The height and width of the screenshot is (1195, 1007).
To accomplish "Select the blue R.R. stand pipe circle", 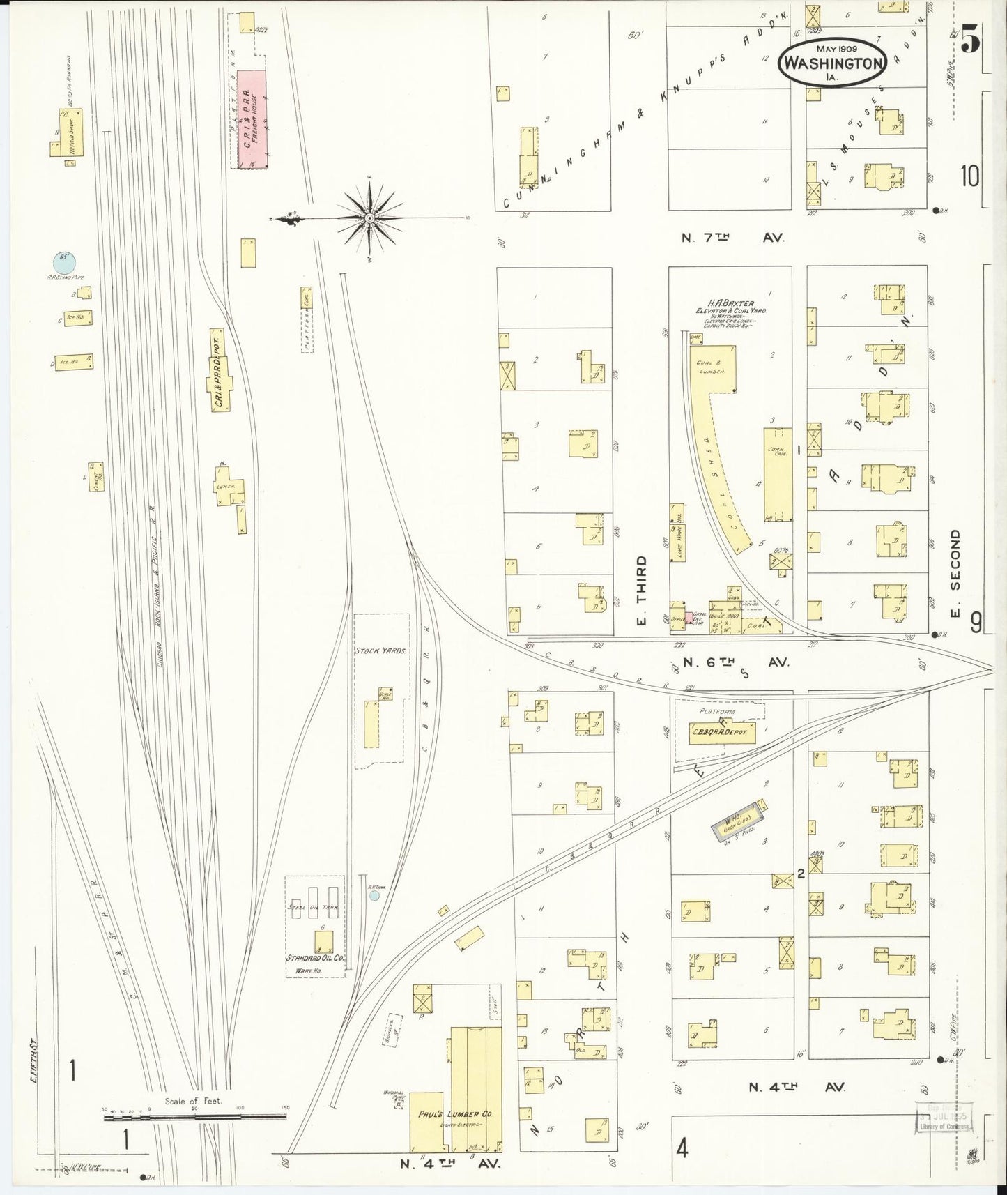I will point(64,263).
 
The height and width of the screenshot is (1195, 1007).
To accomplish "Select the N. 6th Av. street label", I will point(735,662).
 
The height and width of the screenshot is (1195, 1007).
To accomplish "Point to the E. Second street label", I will point(955,573).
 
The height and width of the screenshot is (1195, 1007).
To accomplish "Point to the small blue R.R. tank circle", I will point(375,895).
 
